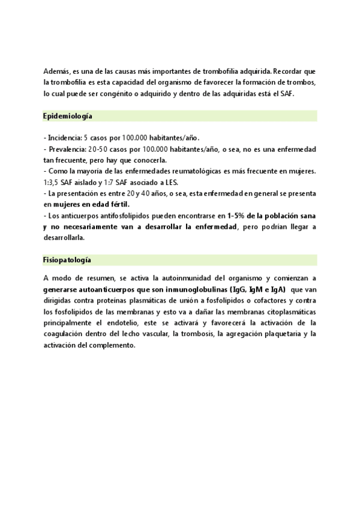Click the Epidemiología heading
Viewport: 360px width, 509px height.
(x=67, y=116)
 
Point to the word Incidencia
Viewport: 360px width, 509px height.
(x=64, y=138)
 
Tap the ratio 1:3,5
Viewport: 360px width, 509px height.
(x=52, y=182)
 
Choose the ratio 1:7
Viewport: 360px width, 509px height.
(x=112, y=182)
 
